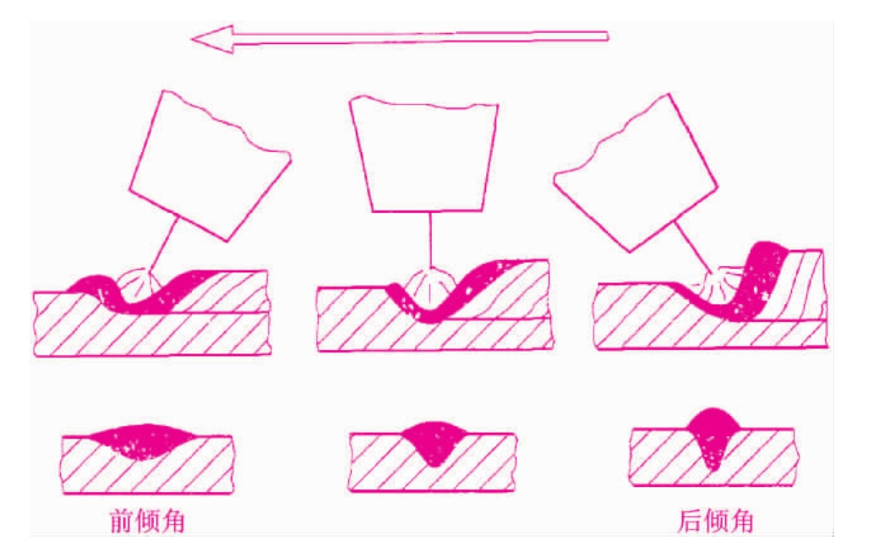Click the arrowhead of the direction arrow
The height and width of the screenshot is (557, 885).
(212, 39)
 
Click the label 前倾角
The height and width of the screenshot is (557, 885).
(148, 521)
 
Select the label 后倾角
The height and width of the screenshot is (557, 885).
(716, 521)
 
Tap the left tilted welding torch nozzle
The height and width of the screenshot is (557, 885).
(210, 166)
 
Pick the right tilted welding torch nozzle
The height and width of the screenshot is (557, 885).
(636, 172)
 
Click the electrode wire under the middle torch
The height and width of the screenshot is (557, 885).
(430, 240)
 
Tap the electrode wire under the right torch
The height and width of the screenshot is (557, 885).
(694, 247)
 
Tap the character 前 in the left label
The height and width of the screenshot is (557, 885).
(122, 521)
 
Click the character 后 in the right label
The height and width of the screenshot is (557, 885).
(690, 521)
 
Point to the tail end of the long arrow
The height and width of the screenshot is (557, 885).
(607, 36)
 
